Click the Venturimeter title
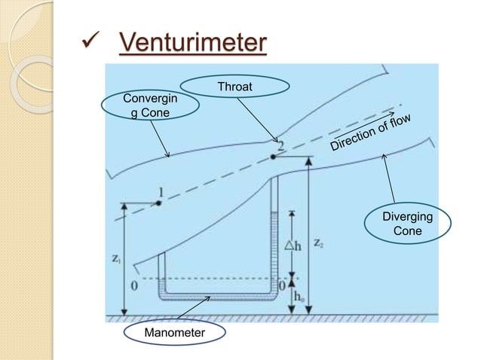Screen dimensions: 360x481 pos(192,43)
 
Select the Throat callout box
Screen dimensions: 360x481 pos(234,88)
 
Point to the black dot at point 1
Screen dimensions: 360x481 pos(159,203)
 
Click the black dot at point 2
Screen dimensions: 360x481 pos(272,157)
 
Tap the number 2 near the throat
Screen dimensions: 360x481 pos(280,145)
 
